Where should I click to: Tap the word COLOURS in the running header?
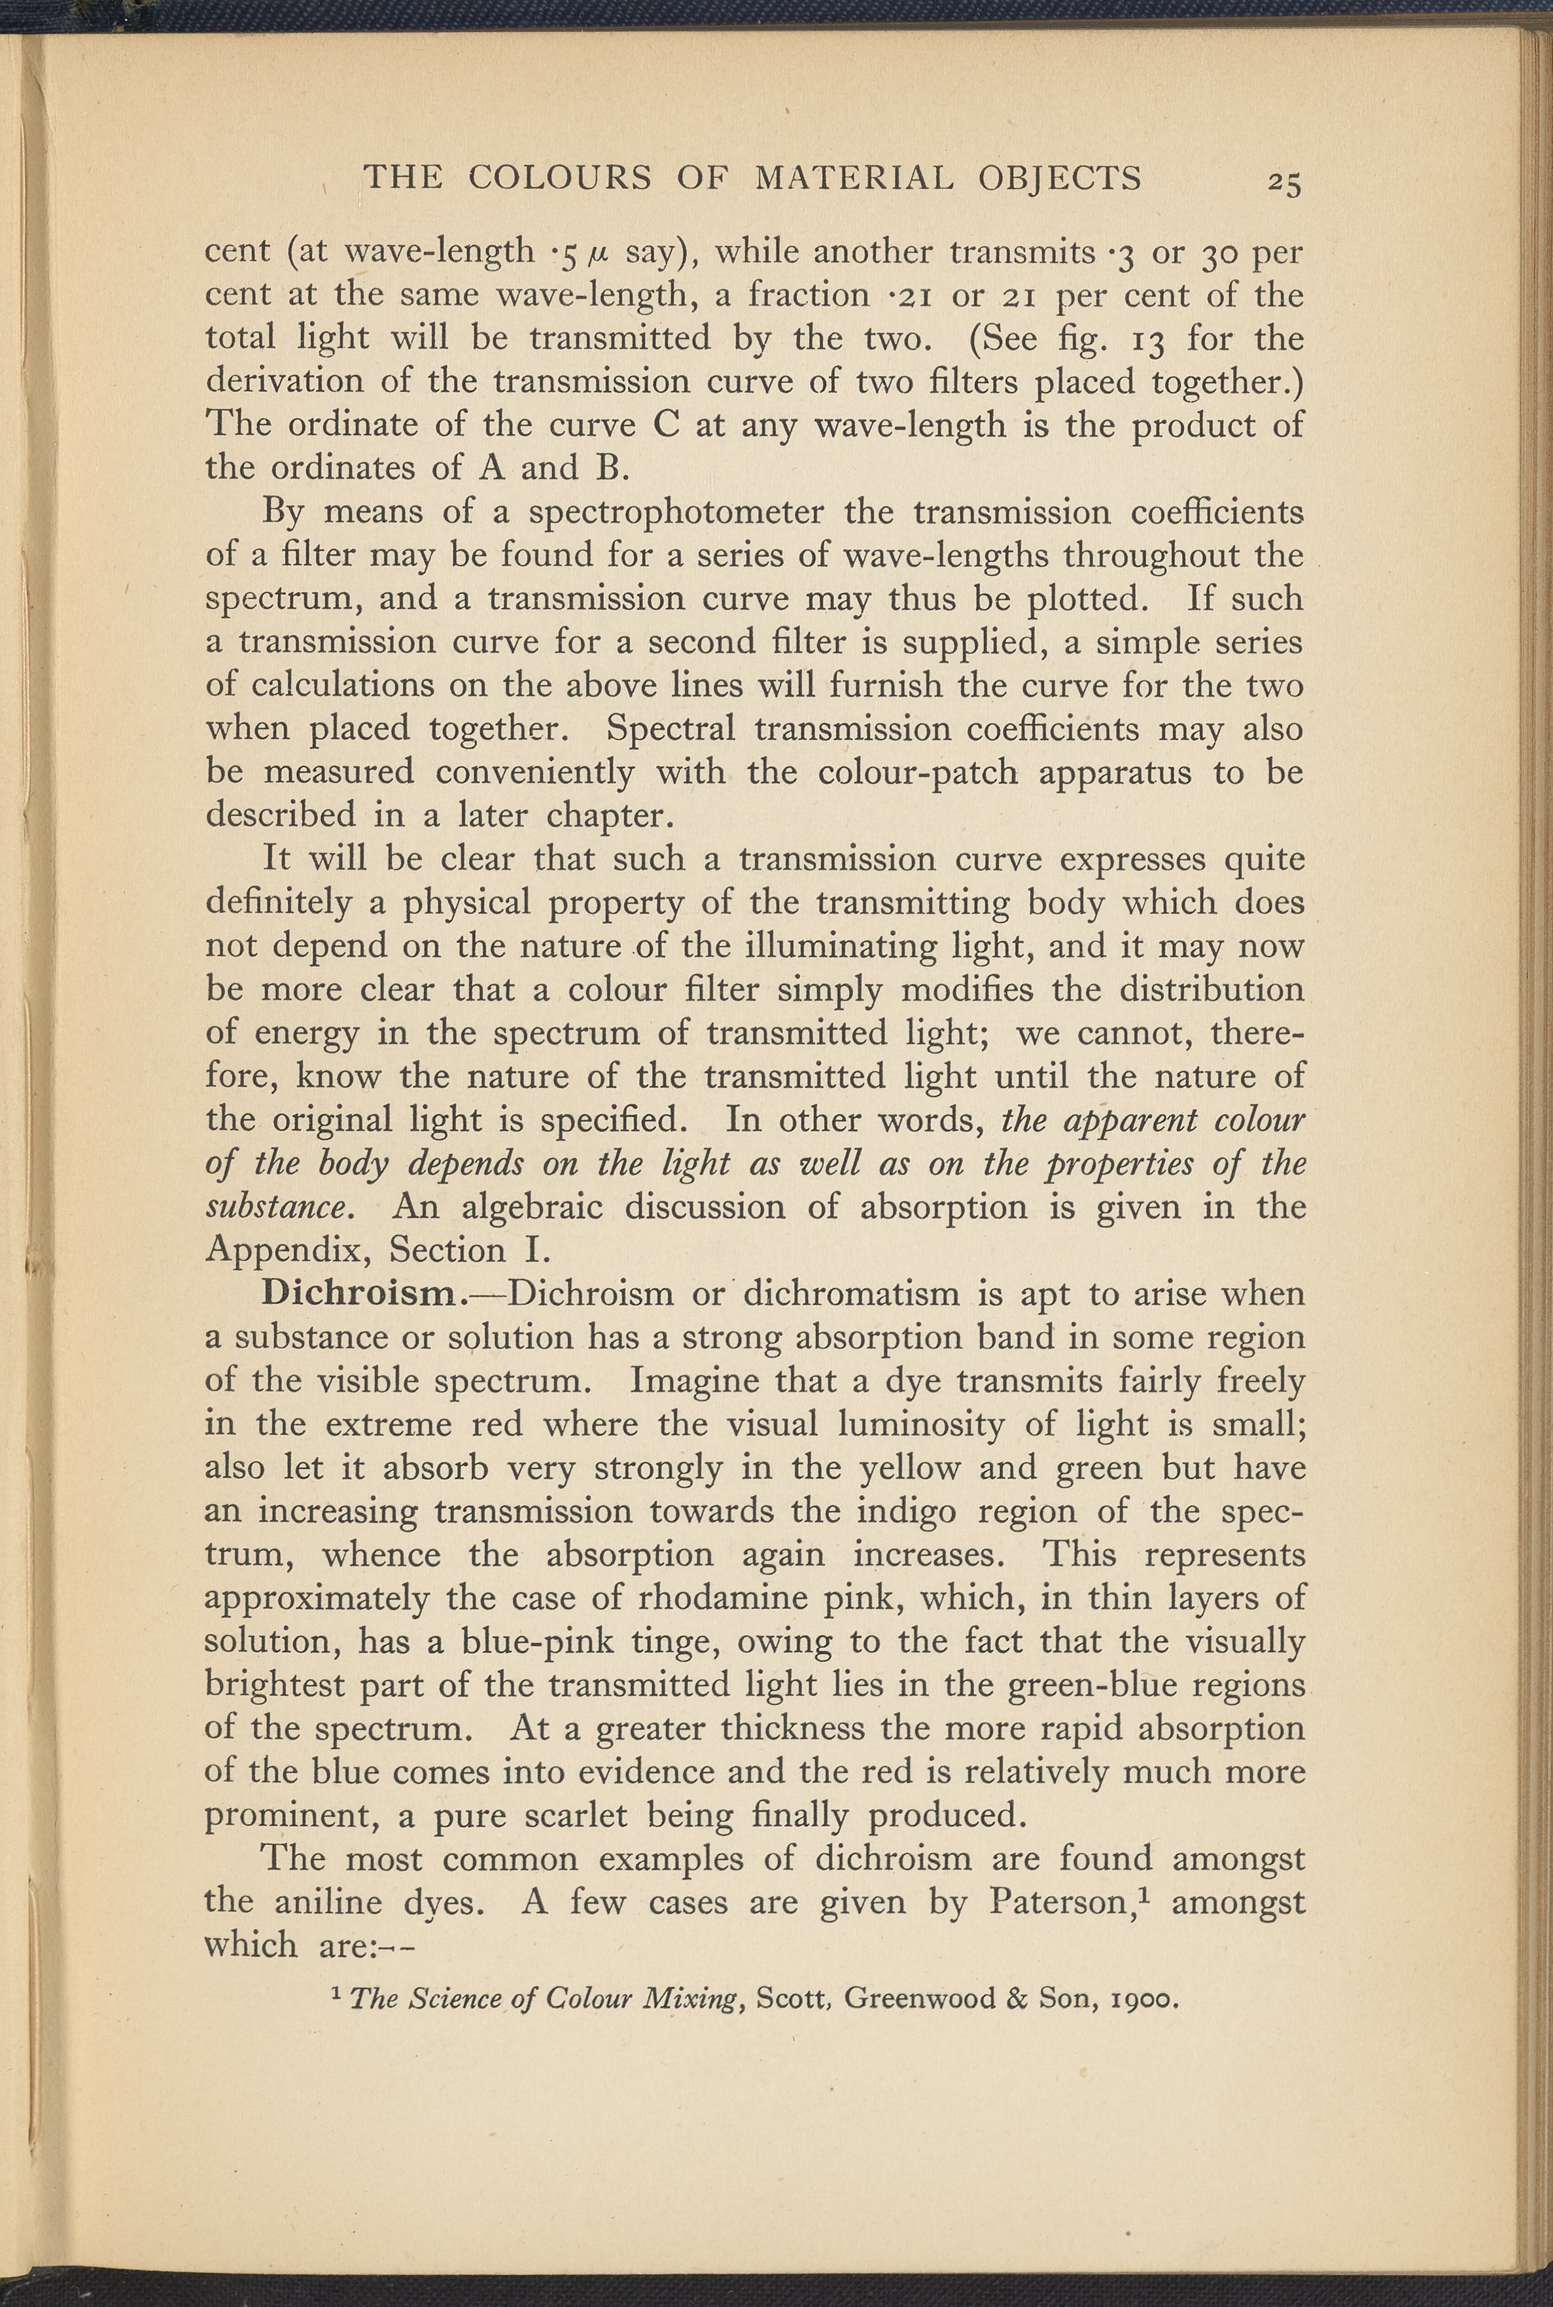pyautogui.click(x=559, y=177)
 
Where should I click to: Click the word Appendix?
pyautogui.click(x=287, y=1251)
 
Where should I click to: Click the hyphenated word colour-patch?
pyautogui.click(x=918, y=771)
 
